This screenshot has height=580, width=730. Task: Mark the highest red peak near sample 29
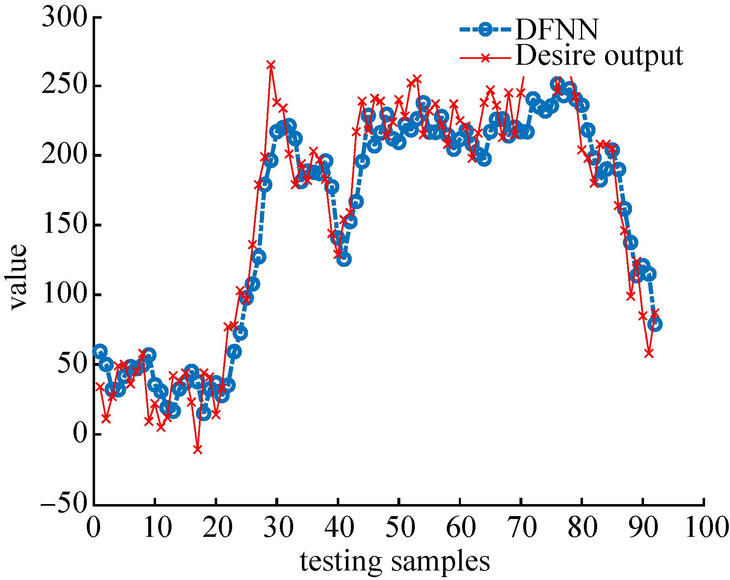(271, 65)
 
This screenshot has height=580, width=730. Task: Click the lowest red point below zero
(198, 449)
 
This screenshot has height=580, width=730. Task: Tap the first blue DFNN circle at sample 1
(100, 351)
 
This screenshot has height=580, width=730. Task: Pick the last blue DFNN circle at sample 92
(655, 324)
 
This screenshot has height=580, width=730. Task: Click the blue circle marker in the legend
(484, 29)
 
